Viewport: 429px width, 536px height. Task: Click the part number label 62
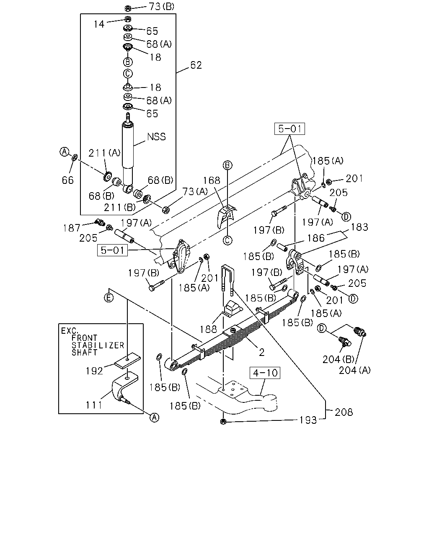(196, 65)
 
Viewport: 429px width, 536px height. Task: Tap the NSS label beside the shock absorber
(156, 137)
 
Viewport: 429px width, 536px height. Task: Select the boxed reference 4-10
(265, 373)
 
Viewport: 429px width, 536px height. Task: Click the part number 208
(344, 412)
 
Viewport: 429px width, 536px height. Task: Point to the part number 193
(308, 420)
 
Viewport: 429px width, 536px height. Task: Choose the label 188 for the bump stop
(208, 329)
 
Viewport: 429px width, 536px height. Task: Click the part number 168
(212, 180)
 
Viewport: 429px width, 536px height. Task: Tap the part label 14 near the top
(99, 24)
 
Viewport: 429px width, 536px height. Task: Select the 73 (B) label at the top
(162, 7)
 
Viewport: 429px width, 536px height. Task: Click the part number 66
(68, 180)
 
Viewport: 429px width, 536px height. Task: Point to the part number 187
(72, 228)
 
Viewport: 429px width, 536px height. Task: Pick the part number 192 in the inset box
(94, 371)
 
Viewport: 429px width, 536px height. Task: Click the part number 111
(94, 405)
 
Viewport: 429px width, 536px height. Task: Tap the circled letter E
(109, 298)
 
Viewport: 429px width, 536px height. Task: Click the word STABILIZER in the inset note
(98, 345)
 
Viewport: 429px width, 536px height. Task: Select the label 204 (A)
(355, 370)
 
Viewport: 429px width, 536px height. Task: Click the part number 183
(359, 227)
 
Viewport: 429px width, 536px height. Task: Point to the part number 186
(316, 238)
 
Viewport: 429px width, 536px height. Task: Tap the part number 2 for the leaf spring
(261, 353)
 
